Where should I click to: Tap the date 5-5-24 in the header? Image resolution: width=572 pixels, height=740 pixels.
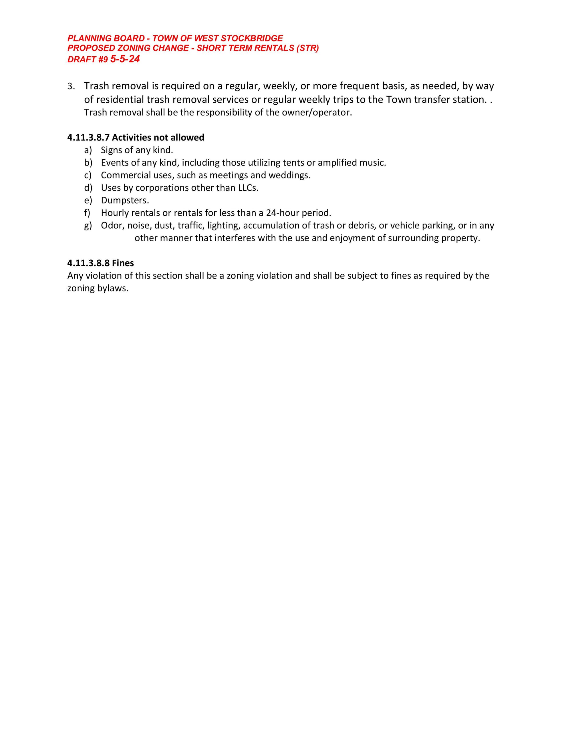[125, 59]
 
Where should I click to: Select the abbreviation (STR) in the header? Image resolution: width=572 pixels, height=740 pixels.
[308, 48]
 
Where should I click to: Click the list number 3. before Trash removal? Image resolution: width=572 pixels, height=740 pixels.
[71, 87]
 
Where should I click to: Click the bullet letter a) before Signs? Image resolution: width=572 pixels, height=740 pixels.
[88, 150]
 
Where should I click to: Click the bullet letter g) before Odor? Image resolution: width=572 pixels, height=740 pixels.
[88, 226]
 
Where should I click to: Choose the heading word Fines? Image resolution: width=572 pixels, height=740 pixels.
[123, 263]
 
